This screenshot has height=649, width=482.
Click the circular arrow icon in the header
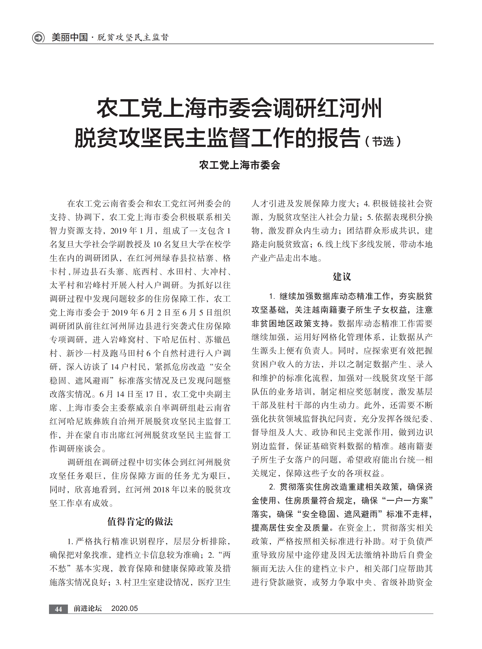point(38,38)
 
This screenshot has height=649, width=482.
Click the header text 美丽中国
point(69,37)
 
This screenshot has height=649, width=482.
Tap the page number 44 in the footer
point(58,609)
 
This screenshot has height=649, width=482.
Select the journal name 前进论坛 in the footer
point(88,608)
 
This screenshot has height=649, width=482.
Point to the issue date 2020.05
point(124,608)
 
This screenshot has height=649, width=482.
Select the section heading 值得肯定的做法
point(140,521)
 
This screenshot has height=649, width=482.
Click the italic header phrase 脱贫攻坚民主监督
point(133,37)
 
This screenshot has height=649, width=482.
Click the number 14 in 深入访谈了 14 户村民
point(115,367)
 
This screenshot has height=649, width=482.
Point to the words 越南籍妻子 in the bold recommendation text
point(334,310)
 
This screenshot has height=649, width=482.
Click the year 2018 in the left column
point(161,489)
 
